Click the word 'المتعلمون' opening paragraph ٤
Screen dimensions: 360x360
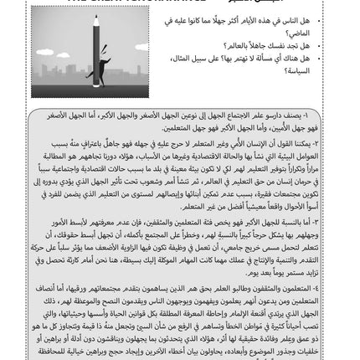[323, 286]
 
